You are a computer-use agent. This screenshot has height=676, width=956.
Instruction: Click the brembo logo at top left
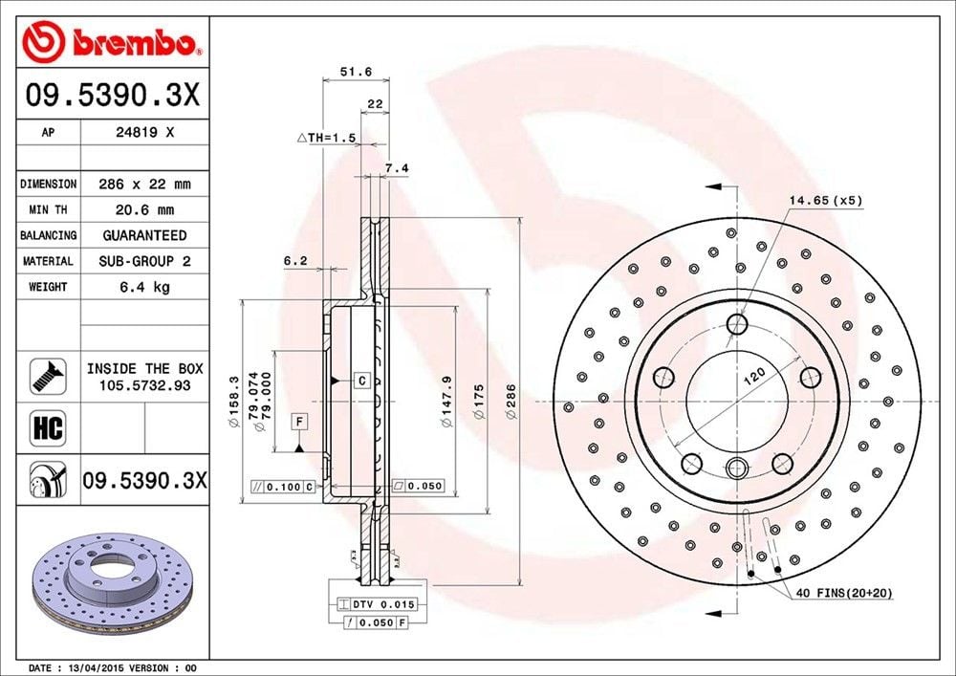coord(112,42)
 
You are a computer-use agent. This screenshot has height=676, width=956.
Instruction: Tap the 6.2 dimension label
coord(295,259)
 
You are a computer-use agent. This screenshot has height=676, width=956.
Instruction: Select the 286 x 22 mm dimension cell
coord(144,184)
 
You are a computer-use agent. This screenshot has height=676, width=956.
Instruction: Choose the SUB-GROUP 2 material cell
coord(144,261)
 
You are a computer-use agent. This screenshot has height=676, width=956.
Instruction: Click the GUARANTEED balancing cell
coord(144,235)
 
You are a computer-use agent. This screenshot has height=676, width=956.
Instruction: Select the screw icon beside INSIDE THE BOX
coord(48,376)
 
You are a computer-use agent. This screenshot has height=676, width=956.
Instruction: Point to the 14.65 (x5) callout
coord(825,201)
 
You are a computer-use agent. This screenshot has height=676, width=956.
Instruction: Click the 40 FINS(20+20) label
coord(842,593)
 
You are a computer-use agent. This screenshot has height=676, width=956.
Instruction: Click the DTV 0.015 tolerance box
coord(378,604)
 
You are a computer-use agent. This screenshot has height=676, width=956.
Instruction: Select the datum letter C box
coord(362,381)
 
